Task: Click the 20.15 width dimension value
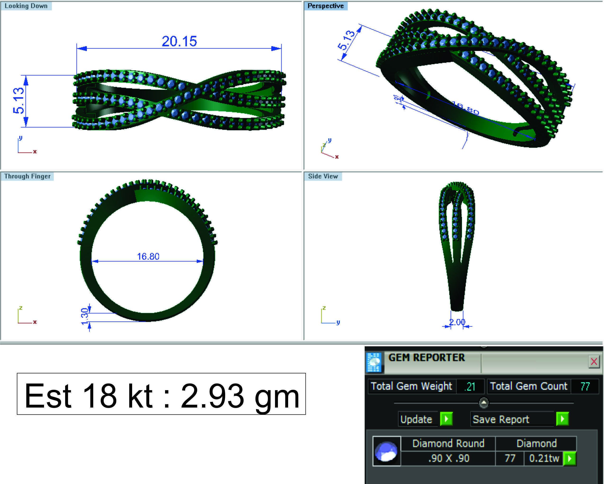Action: (179, 41)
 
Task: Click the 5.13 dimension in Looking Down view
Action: (19, 101)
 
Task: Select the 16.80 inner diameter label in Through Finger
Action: (148, 256)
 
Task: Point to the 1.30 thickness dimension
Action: (84, 317)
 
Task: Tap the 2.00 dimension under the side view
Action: (457, 322)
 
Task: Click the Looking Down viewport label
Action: (26, 6)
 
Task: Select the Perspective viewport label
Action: (325, 6)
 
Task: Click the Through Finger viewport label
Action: (27, 176)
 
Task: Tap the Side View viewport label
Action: (323, 176)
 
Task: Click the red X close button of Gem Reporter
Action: (594, 362)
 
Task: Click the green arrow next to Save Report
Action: (562, 419)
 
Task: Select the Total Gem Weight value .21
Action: (470, 387)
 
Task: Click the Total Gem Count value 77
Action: (585, 386)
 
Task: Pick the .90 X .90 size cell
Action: (448, 458)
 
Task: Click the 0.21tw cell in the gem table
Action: (544, 458)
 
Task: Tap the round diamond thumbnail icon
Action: (386, 451)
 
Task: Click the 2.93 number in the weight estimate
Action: (212, 396)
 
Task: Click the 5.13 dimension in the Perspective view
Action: (346, 40)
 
